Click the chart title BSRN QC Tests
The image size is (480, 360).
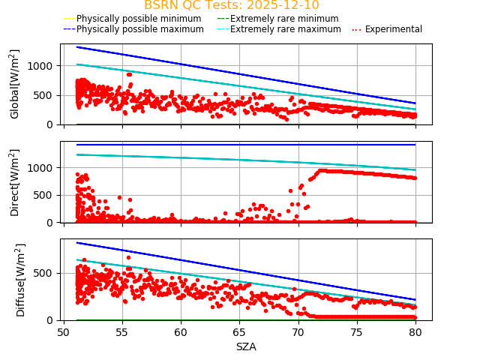coord(231,5)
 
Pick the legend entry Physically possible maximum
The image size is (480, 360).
coord(139,29)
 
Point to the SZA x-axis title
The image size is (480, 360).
coord(246,346)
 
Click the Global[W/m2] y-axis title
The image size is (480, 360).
coord(15,84)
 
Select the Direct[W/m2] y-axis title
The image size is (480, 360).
coord(15,182)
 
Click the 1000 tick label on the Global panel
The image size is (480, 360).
coord(43,66)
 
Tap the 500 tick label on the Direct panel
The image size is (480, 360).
coord(46,195)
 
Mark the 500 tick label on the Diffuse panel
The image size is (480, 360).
coord(46,273)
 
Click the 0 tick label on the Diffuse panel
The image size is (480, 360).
coord(52,320)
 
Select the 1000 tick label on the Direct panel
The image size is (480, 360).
coord(43,168)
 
